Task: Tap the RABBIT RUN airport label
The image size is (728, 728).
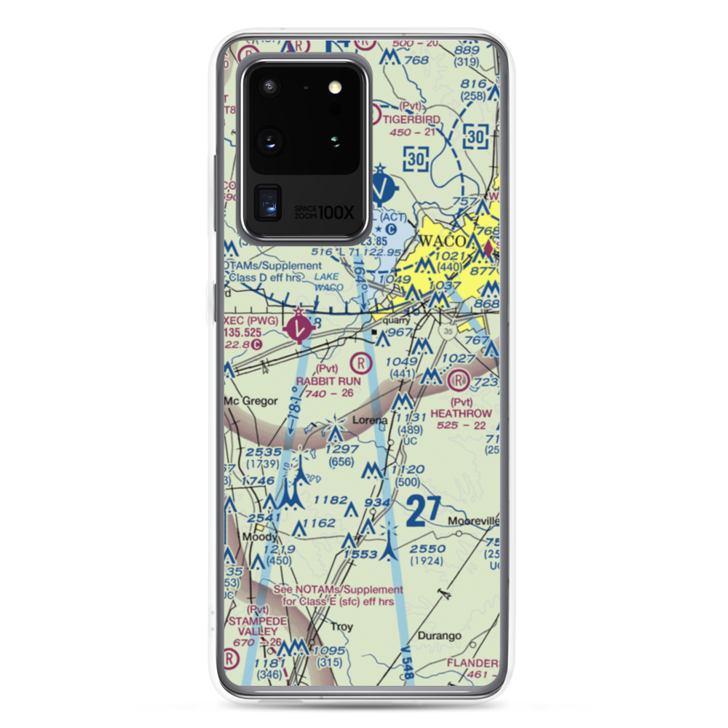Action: click(x=328, y=380)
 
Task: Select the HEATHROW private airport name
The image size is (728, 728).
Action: click(x=461, y=413)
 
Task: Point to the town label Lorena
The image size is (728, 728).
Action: click(x=370, y=421)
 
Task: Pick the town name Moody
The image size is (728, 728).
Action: click(x=259, y=537)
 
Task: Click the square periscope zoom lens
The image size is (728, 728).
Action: click(x=269, y=203)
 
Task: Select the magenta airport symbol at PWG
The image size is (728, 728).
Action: click(x=300, y=325)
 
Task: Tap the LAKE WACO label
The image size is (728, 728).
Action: click(x=330, y=282)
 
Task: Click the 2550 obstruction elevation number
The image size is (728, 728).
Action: click(x=428, y=548)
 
